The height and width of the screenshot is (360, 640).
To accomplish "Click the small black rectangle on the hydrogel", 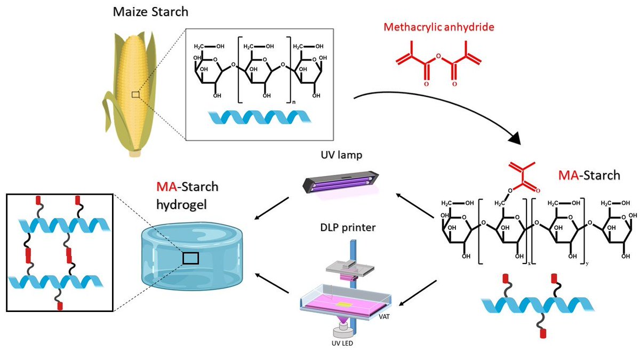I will (x=190, y=258).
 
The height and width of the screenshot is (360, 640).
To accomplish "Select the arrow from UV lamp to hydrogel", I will (x=272, y=207).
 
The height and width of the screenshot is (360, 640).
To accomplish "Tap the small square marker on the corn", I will (x=136, y=94).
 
